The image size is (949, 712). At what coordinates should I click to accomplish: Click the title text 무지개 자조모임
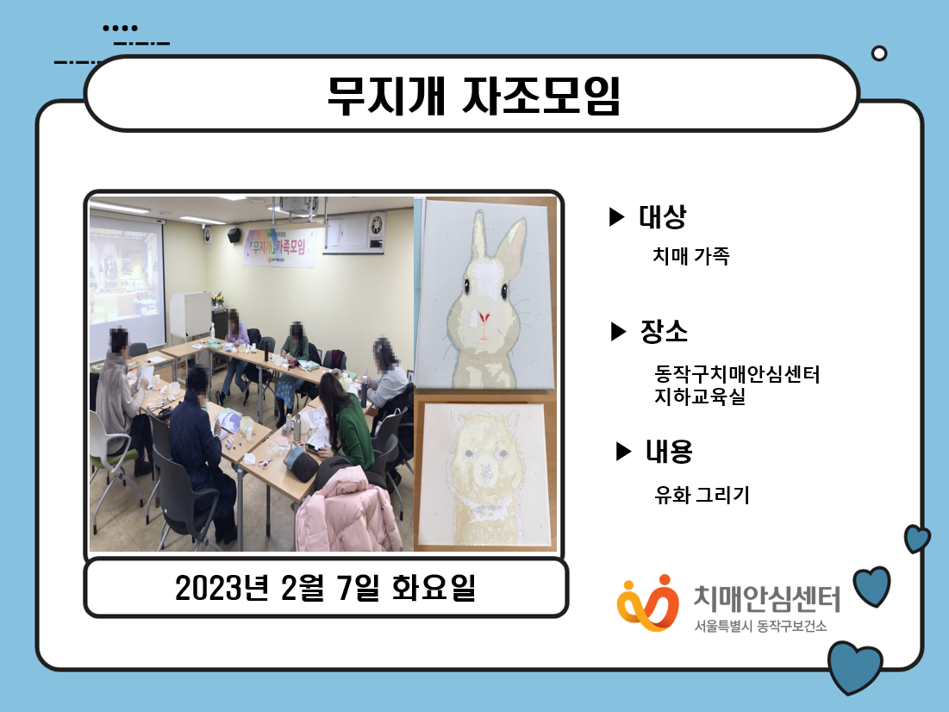click(x=474, y=96)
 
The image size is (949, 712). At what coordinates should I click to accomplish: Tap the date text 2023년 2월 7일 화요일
click(x=326, y=587)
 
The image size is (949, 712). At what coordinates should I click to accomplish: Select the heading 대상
click(x=663, y=216)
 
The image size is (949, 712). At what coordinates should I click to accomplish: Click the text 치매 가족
click(x=691, y=256)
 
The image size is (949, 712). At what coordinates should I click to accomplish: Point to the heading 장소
click(x=664, y=331)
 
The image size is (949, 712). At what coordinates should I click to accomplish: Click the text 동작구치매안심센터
click(x=737, y=374)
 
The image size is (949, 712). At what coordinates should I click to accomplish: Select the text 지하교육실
click(x=700, y=397)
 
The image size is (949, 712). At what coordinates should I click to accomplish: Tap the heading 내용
click(x=669, y=451)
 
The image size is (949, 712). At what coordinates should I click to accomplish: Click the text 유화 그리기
click(x=702, y=496)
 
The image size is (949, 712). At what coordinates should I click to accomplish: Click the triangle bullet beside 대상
click(x=615, y=216)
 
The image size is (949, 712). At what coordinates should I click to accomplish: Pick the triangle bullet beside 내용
click(x=623, y=451)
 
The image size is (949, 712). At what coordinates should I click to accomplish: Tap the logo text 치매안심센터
click(x=767, y=599)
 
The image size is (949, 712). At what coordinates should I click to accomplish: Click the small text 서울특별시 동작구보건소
click(x=760, y=626)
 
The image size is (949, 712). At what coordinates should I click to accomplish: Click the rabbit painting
click(x=486, y=294)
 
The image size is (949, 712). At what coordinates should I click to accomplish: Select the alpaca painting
click(x=485, y=475)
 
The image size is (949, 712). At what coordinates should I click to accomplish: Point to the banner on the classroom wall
click(x=279, y=247)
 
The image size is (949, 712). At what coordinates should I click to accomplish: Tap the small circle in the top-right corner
click(x=879, y=54)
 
